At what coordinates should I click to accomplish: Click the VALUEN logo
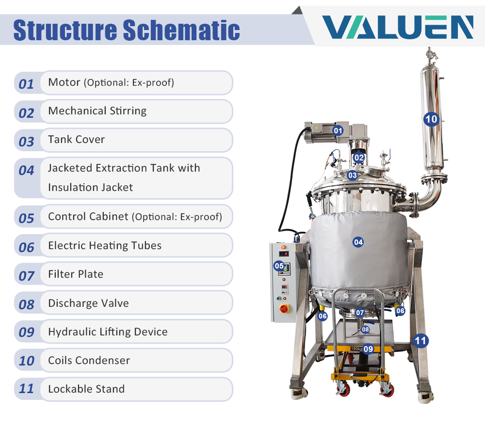tap(398, 27)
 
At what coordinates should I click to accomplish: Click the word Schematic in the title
tap(181, 30)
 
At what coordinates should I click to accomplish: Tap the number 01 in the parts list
tap(26, 84)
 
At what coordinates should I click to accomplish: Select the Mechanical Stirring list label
tap(97, 111)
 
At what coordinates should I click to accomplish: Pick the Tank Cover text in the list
tap(77, 140)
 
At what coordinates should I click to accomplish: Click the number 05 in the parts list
tap(26, 219)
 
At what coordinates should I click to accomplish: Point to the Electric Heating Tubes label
tap(105, 245)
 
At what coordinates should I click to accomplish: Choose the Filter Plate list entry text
tap(76, 274)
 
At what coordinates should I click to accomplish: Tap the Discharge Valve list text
tap(88, 303)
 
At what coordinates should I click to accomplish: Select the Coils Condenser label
tap(89, 360)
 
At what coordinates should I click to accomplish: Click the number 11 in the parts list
tap(26, 389)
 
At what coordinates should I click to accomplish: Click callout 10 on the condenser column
tap(431, 119)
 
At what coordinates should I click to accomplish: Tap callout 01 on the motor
tap(338, 131)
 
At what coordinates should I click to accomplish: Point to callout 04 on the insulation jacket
tap(358, 242)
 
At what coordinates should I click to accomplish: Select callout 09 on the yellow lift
tap(368, 349)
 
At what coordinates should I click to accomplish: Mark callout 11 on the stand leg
tap(420, 341)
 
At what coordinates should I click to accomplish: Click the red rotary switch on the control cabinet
tap(284, 308)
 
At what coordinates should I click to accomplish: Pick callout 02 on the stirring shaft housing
tap(359, 158)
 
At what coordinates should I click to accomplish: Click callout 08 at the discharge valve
tap(365, 330)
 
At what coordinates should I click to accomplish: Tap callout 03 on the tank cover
tap(352, 175)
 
